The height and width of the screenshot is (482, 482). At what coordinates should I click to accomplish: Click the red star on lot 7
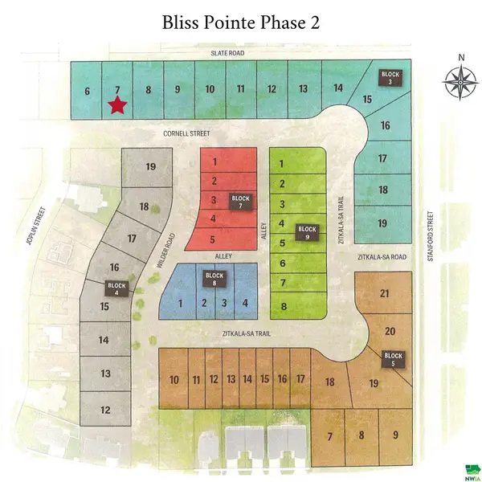[118, 104]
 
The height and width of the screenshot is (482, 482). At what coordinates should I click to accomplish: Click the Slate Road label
[221, 53]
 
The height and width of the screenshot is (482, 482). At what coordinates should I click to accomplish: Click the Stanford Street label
[431, 231]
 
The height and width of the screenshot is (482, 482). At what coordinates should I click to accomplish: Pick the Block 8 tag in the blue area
[214, 279]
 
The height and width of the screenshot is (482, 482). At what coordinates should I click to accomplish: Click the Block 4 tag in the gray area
[117, 288]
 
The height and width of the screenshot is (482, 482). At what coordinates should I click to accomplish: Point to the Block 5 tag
[393, 358]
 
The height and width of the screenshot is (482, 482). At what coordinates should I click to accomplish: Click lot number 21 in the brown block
[384, 294]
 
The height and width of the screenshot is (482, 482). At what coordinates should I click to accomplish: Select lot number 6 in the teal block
[87, 91]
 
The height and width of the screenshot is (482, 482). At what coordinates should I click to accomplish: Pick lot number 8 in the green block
[282, 306]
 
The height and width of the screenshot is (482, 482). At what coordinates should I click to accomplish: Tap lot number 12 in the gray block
[105, 410]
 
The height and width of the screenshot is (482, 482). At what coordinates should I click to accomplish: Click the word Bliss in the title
[182, 22]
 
